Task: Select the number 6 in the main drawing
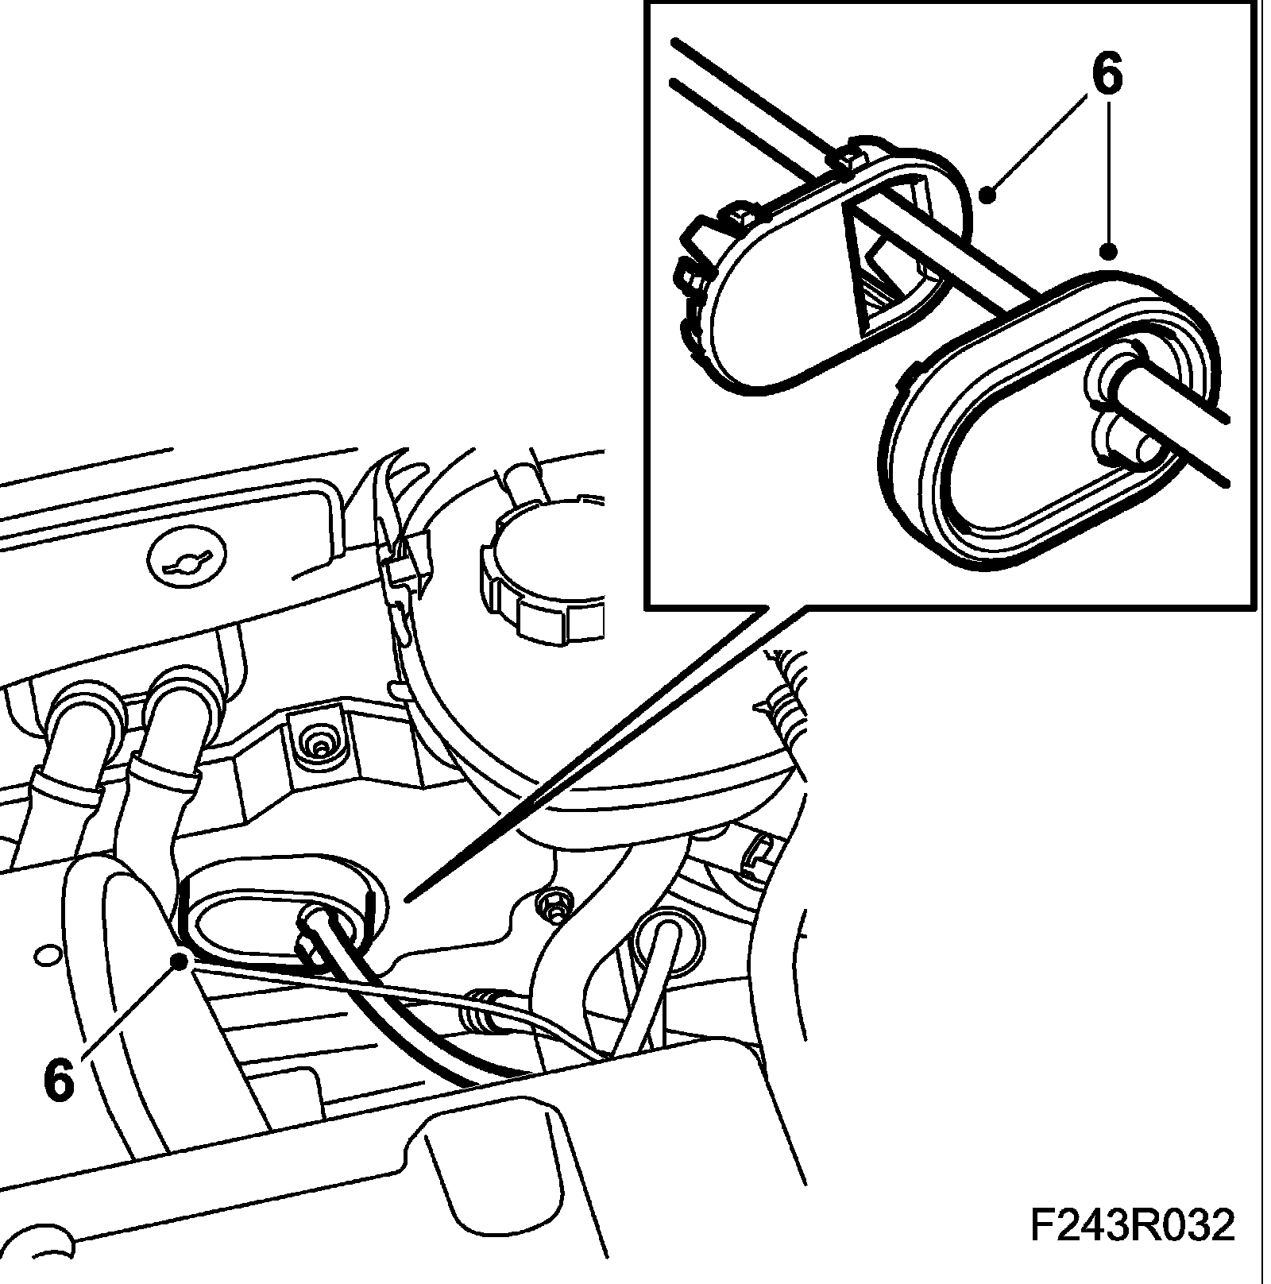click(59, 1079)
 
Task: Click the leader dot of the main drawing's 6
click(181, 961)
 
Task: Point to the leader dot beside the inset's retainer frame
click(987, 193)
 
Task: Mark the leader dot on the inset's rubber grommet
click(1108, 252)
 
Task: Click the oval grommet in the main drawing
click(278, 914)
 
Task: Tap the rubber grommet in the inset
click(1049, 421)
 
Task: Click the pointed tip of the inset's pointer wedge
click(407, 899)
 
